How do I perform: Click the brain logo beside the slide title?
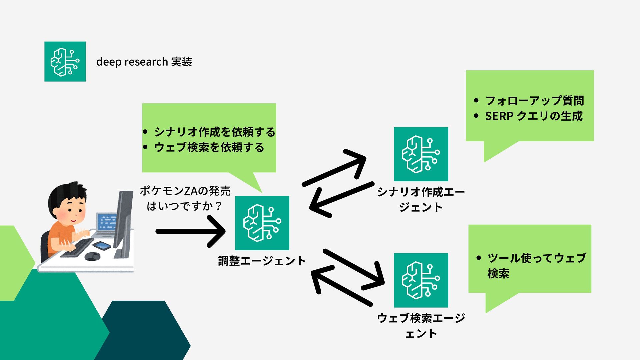65,62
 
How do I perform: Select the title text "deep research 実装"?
144,62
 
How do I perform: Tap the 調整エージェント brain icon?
262,223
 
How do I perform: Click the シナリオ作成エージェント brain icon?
421,154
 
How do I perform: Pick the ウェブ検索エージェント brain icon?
421,280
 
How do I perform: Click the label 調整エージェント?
262,261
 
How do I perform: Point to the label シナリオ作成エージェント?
421,199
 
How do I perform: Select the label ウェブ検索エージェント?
421,325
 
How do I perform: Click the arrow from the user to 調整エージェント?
190,231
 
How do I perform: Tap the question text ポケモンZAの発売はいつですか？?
185,198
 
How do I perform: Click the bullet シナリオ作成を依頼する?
214,132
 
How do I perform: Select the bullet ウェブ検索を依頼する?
209,147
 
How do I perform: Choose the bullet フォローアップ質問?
534,100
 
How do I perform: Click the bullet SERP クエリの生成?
534,116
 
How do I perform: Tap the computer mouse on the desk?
92,256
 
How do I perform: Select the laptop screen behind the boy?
107,221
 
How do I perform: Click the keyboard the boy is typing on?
78,248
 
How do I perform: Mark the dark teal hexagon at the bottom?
143,330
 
